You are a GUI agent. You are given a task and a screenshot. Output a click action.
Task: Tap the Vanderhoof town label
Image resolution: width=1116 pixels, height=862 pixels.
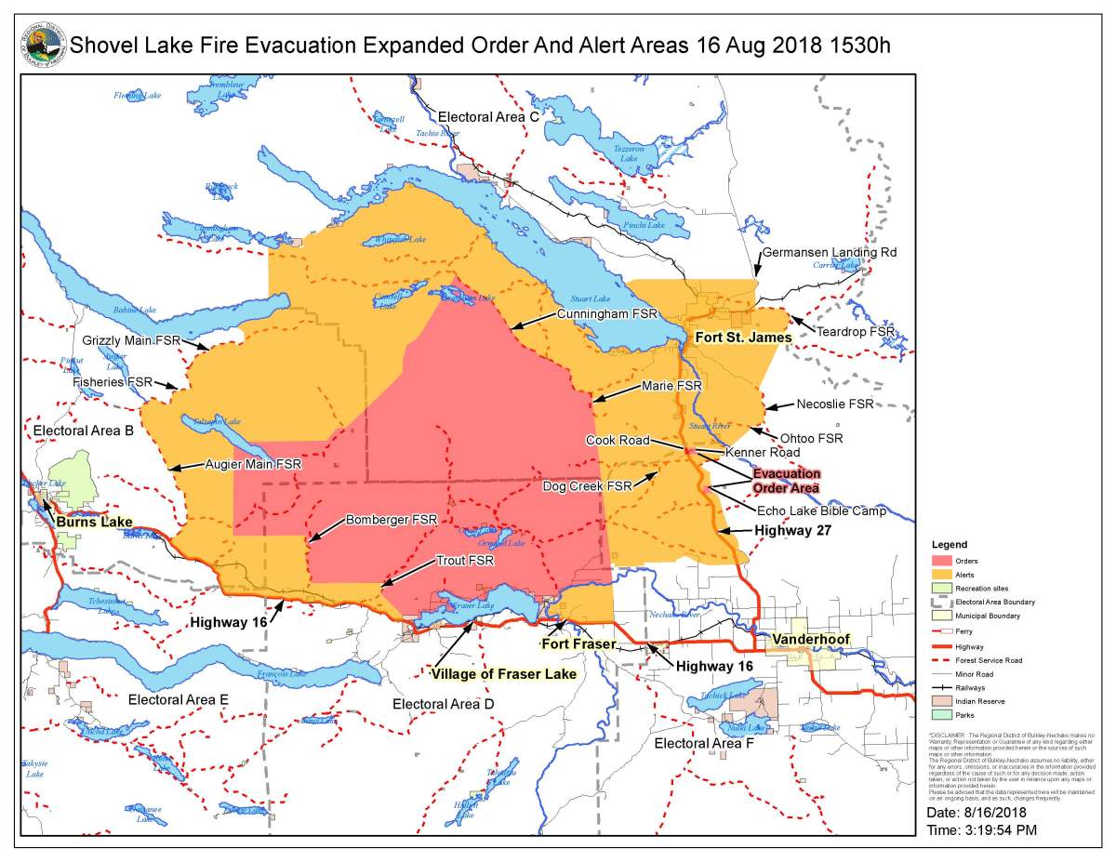tap(805, 641)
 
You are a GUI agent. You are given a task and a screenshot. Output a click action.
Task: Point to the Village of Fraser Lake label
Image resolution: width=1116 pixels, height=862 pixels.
tap(503, 673)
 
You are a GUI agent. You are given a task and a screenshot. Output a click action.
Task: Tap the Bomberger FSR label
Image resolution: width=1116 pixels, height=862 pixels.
tap(392, 519)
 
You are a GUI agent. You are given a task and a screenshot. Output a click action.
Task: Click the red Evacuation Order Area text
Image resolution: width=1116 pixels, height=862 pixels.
tap(787, 480)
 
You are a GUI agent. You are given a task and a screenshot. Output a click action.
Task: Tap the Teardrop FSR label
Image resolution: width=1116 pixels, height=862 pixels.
tap(856, 330)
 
